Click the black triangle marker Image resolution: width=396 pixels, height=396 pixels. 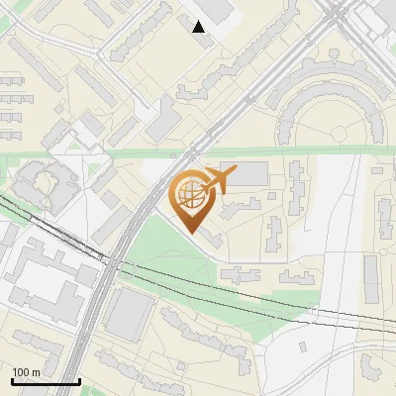[199, 27]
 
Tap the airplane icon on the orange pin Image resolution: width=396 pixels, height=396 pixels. [217, 180]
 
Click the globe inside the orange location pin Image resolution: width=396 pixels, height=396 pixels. [193, 197]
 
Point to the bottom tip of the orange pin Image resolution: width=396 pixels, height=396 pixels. [192, 234]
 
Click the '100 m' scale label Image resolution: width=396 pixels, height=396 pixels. [27, 371]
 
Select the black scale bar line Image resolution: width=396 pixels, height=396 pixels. [46, 381]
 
